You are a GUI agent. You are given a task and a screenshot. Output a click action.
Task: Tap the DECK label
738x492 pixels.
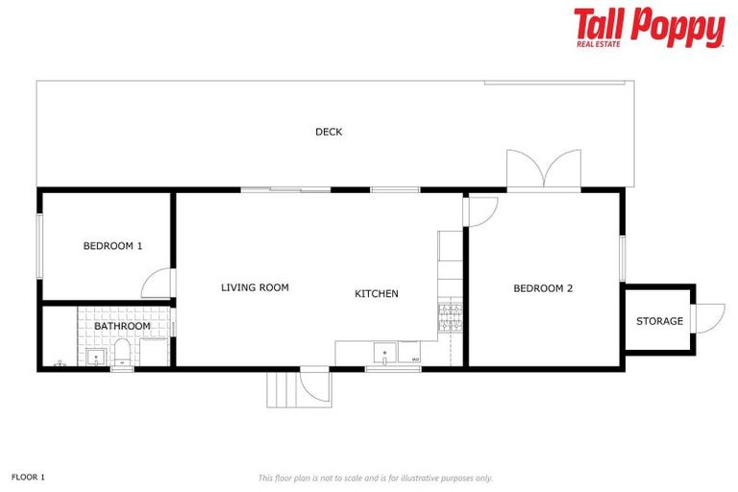(329, 133)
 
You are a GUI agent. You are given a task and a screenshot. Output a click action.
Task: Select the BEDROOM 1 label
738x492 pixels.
(112, 246)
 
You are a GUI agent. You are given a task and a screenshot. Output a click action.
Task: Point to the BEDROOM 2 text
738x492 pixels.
(543, 288)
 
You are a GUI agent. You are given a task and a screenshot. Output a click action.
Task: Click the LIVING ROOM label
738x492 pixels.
(255, 287)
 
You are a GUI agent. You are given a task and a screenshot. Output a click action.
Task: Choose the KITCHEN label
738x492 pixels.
(377, 294)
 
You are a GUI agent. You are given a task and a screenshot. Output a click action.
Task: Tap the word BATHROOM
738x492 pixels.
(122, 326)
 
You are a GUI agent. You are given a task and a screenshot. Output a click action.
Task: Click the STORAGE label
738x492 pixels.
(659, 321)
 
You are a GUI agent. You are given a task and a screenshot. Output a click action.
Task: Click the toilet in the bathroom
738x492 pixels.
(123, 353)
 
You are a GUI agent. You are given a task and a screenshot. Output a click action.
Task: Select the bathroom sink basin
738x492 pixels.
(96, 357)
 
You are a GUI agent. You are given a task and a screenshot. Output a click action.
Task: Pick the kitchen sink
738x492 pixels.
(383, 353)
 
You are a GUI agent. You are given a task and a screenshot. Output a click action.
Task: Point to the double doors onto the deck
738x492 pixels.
(544, 172)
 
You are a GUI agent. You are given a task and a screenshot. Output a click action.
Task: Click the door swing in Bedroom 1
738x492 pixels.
(159, 284)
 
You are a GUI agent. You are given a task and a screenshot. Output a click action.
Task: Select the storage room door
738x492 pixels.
(708, 319)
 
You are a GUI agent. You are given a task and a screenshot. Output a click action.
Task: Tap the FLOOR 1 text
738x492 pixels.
(28, 477)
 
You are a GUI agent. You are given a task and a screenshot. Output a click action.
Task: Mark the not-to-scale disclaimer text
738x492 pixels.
(375, 478)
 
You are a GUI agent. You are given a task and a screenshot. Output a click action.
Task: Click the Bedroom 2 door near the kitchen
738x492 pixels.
(480, 211)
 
